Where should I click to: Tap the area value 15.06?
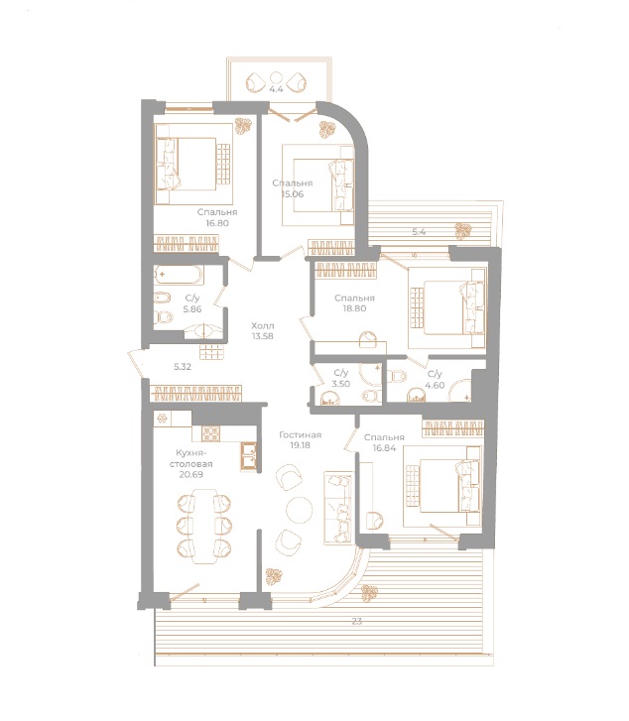(x=292, y=194)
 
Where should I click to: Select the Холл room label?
(x=262, y=324)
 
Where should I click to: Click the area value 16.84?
(x=383, y=448)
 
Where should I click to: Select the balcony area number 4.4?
(x=276, y=90)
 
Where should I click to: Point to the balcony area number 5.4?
(x=419, y=233)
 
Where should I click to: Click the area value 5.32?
(x=183, y=367)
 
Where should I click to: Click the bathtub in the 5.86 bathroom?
(x=179, y=275)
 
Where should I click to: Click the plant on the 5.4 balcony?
(x=461, y=231)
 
